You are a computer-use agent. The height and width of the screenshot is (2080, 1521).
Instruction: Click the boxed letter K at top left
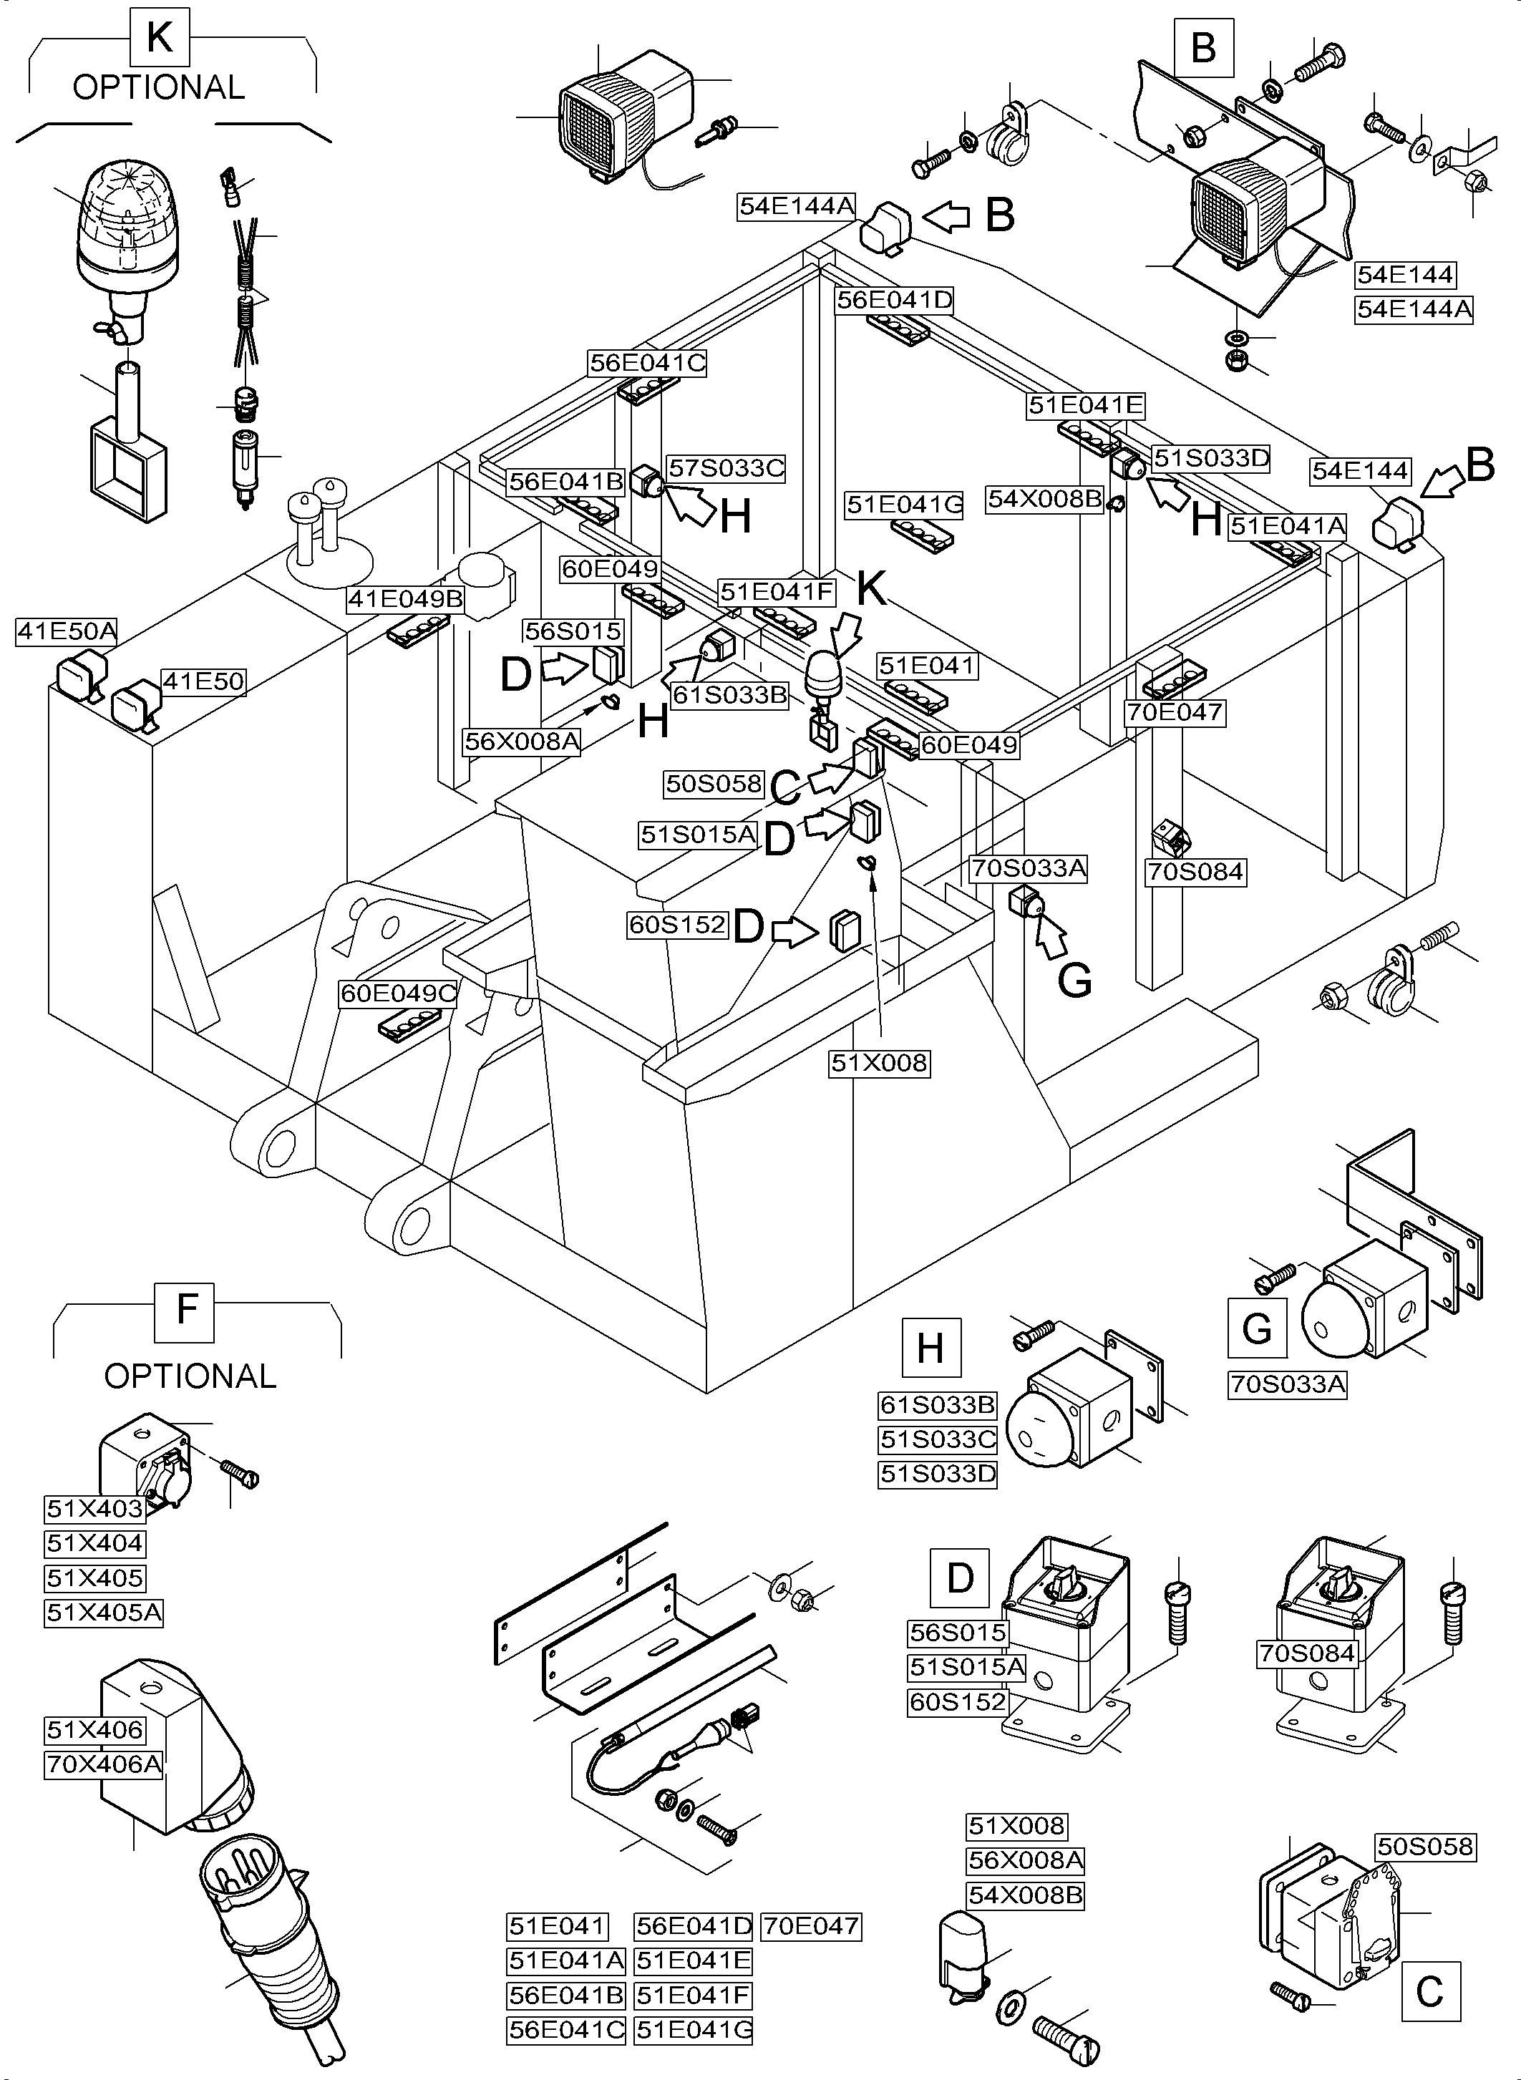(x=160, y=38)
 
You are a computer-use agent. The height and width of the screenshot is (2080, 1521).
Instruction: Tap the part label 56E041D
(x=894, y=300)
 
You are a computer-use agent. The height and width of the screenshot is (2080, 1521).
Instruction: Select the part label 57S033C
(x=726, y=469)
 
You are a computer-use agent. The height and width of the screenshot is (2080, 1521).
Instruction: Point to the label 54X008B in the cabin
(x=1044, y=499)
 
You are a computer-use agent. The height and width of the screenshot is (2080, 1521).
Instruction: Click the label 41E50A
(x=67, y=631)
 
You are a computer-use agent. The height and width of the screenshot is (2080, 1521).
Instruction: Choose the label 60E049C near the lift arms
(x=399, y=994)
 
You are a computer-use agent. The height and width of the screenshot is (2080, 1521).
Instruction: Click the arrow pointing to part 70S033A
(x=1051, y=939)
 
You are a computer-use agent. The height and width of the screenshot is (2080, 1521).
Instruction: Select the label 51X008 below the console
(x=879, y=1064)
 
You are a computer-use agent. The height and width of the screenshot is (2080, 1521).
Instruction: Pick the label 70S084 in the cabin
(x=1195, y=872)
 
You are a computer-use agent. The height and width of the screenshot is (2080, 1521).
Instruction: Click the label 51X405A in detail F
(x=103, y=1613)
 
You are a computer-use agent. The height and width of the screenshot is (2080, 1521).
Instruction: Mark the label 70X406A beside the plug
(x=103, y=1765)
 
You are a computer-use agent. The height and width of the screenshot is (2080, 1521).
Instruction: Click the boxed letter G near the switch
(x=1257, y=1328)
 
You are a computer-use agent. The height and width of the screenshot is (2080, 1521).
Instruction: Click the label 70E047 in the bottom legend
(x=811, y=1926)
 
